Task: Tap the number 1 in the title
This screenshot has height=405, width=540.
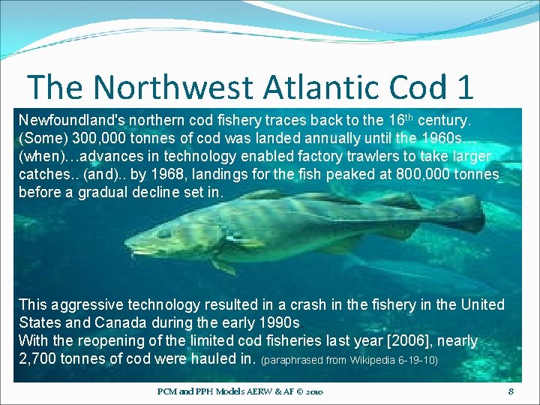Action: click(463, 87)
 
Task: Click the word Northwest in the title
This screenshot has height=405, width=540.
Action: click(170, 87)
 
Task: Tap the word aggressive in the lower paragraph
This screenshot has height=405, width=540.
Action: click(88, 305)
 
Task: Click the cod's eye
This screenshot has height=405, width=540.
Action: click(164, 233)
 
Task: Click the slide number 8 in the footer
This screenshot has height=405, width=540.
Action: click(511, 391)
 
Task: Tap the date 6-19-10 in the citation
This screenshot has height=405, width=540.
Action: click(419, 360)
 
